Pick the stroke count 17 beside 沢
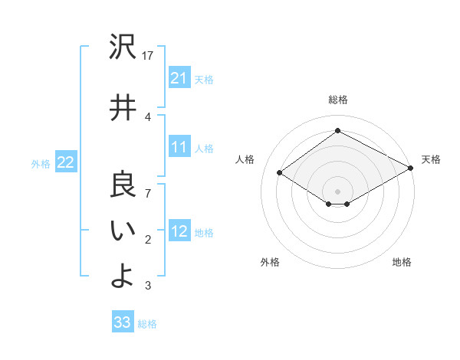(149, 56)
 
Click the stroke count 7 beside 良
(149, 194)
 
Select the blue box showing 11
(179, 147)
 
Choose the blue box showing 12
(179, 231)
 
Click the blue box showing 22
(65, 162)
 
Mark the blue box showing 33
(123, 322)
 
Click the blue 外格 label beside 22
(41, 163)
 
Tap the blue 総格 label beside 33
(147, 324)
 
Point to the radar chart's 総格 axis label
(338, 100)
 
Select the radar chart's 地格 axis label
(402, 263)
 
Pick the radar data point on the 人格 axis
(280, 173)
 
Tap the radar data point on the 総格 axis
(337, 131)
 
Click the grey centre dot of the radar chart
(337, 190)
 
